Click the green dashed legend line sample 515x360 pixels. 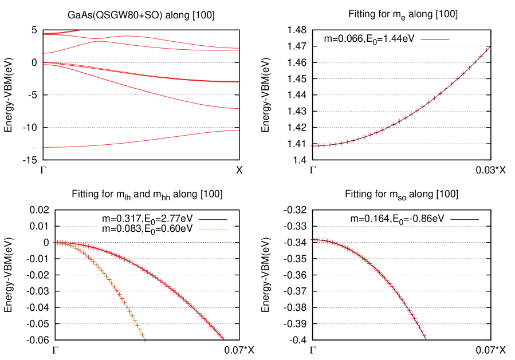point(213,230)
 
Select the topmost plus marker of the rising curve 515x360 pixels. point(486,50)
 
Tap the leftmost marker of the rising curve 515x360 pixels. point(311,146)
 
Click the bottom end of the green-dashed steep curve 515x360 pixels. point(144,340)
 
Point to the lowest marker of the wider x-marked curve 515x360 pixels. point(222,338)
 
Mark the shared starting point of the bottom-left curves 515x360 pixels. point(57,242)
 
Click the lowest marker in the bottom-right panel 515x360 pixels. point(424,336)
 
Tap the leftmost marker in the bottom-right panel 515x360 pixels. point(311,239)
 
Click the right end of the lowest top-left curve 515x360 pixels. point(238,130)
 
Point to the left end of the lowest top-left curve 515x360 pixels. point(44,147)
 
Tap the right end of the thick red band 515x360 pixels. point(238,81)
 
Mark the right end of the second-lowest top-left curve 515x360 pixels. point(238,108)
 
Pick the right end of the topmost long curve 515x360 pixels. point(238,48)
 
